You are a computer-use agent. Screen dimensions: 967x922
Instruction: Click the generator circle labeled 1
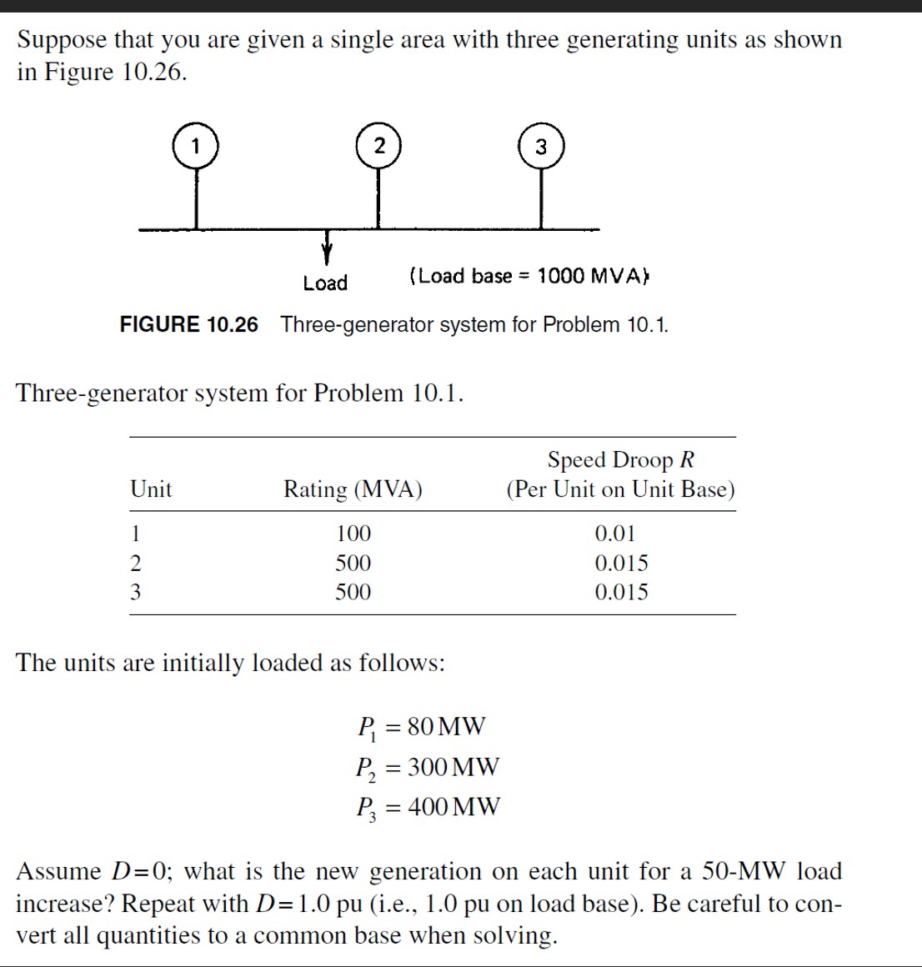tap(196, 146)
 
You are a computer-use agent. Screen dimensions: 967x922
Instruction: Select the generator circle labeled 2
tap(378, 145)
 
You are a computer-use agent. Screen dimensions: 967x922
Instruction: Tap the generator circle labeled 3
tap(541, 147)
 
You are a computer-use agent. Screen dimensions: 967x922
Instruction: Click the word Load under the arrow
tap(325, 283)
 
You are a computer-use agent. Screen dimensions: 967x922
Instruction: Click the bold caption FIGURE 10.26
tap(189, 324)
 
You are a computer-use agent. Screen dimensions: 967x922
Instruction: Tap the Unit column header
tap(151, 489)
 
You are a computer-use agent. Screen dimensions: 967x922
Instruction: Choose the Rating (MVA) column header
tap(353, 489)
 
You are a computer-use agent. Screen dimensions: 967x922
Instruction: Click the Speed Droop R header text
tap(620, 460)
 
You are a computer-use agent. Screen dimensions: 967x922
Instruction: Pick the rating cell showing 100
tap(353, 534)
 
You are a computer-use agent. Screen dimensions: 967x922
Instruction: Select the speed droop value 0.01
tap(614, 534)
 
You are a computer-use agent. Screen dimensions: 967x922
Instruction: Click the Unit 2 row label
tap(136, 563)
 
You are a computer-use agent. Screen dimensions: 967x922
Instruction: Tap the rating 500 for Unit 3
tap(353, 592)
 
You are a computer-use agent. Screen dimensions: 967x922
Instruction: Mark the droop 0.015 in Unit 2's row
tap(621, 563)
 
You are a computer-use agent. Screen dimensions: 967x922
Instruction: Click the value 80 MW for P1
tap(446, 726)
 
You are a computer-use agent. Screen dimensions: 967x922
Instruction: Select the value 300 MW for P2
tap(453, 766)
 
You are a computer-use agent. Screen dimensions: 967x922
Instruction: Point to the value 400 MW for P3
tap(453, 806)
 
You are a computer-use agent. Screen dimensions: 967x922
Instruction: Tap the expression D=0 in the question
tap(142, 871)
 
